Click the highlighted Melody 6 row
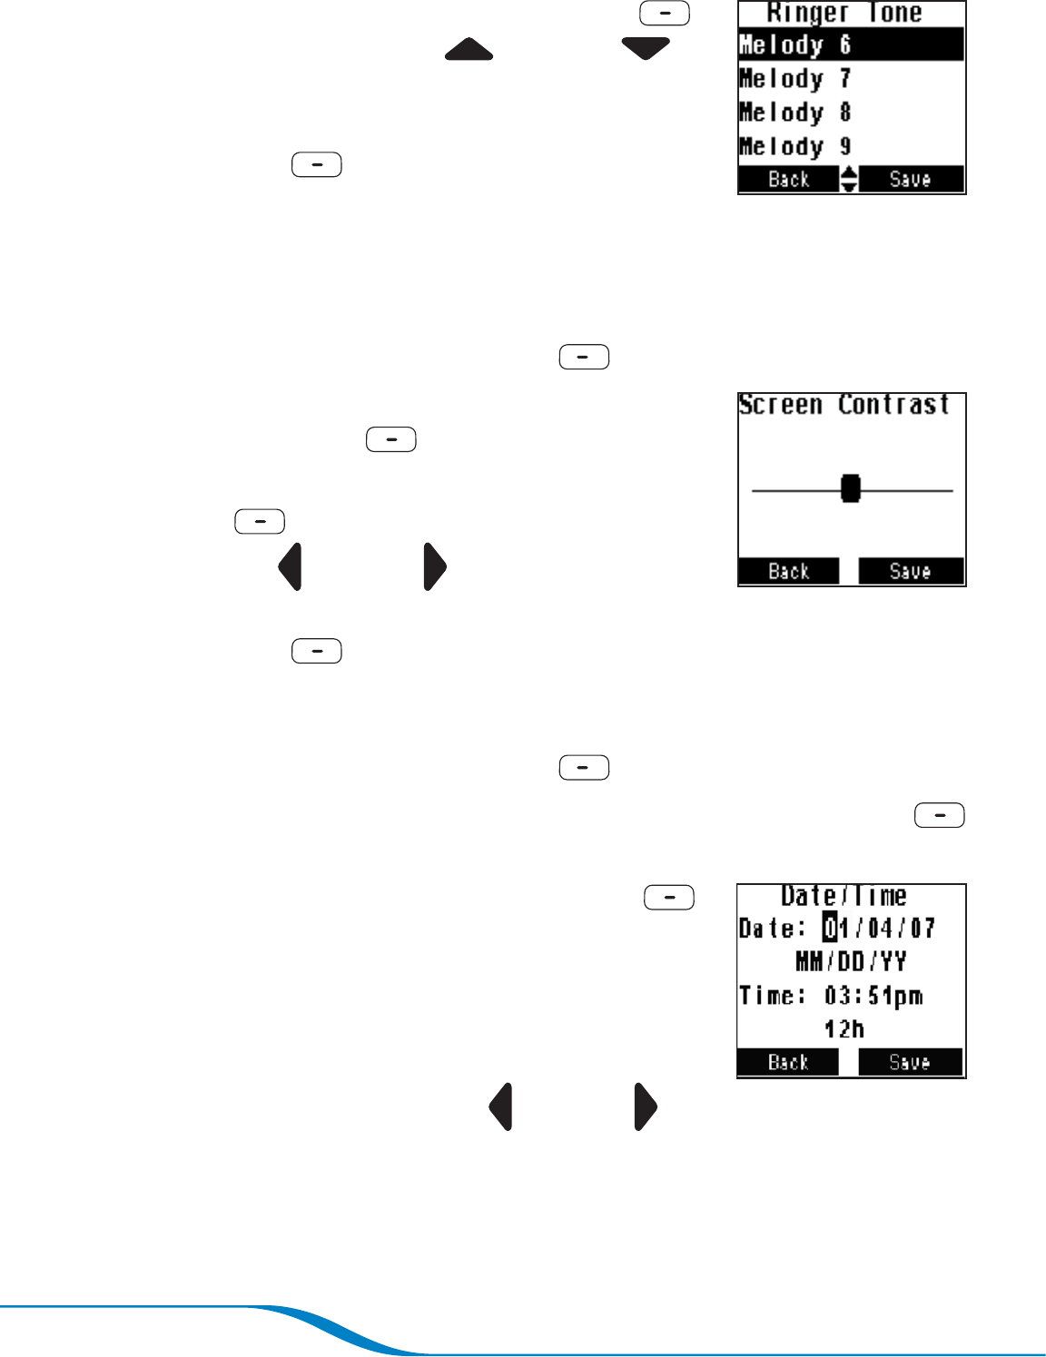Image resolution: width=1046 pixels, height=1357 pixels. click(x=851, y=44)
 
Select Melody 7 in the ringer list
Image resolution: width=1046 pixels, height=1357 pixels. click(x=795, y=79)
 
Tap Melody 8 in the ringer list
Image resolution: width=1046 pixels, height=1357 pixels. click(x=795, y=113)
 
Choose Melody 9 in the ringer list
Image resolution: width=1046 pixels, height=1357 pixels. click(x=795, y=146)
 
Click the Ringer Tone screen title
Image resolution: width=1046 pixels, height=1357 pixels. click(x=844, y=13)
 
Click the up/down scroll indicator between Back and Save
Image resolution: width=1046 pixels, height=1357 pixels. click(x=848, y=179)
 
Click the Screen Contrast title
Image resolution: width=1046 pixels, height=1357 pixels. click(x=844, y=405)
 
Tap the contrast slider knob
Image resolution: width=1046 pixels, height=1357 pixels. click(x=850, y=488)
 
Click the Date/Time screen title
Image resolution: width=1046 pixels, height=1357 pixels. click(x=844, y=897)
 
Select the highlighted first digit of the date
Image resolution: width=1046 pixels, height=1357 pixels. click(x=830, y=928)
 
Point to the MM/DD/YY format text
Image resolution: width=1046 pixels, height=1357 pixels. click(x=851, y=961)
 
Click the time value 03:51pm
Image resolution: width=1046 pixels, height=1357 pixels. click(x=873, y=996)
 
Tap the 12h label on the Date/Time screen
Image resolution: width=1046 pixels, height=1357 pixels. click(x=844, y=1029)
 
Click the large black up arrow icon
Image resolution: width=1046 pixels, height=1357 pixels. click(x=469, y=49)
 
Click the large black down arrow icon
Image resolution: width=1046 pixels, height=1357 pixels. click(x=646, y=49)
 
